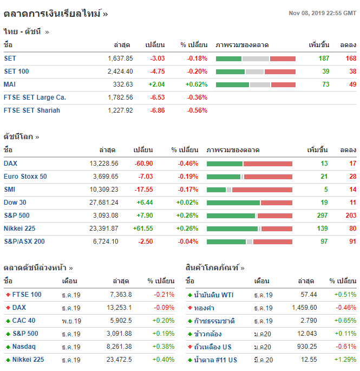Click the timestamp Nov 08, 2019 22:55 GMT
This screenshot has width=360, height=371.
[x=322, y=13]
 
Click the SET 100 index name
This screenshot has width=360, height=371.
[x=16, y=71]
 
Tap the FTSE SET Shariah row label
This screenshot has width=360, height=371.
[x=32, y=110]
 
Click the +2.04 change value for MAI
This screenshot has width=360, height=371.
[x=156, y=84]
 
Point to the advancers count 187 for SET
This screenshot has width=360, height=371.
[x=324, y=58]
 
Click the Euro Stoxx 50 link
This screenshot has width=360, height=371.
[x=25, y=177]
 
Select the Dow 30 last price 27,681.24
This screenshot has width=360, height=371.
[x=102, y=203]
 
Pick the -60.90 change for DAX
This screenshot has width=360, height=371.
[x=143, y=164]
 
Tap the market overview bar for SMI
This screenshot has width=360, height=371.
[x=250, y=190]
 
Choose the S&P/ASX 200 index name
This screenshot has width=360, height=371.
[x=24, y=242]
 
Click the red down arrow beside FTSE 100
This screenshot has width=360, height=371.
[x=8, y=295]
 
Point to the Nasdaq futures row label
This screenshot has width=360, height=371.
[x=24, y=347]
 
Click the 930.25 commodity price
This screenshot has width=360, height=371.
[x=305, y=347]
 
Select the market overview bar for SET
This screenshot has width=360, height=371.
[x=256, y=58]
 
